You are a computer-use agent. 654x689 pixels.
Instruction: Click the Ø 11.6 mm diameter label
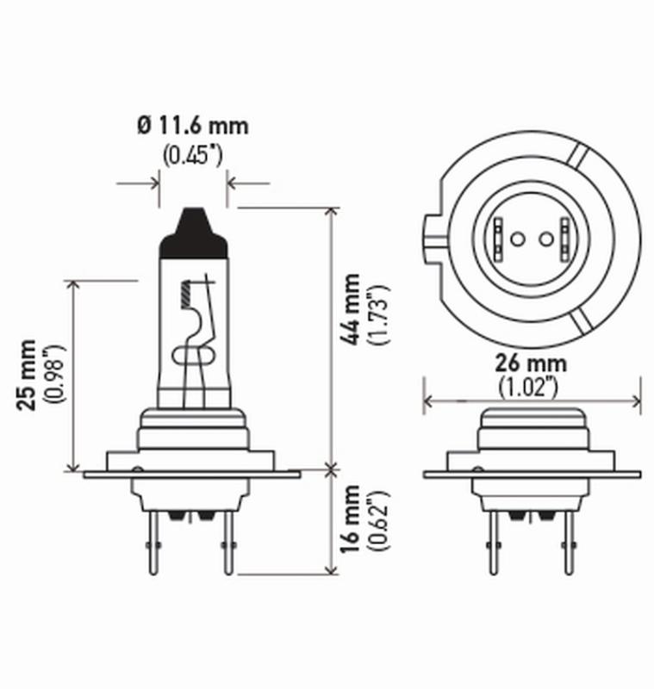coord(192,126)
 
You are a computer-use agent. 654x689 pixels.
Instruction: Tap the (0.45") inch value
coord(192,156)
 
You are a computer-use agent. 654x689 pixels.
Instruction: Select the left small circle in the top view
coord(517,239)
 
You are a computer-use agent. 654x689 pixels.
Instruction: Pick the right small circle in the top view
coord(545,239)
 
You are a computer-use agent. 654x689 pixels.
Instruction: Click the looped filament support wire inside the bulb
coord(191,356)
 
